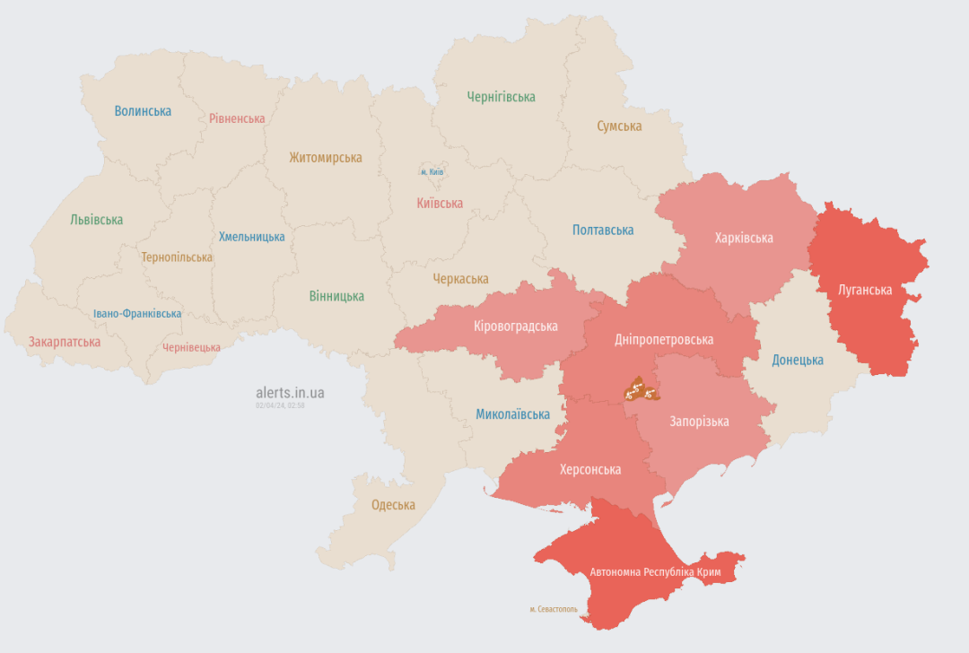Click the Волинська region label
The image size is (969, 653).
143,111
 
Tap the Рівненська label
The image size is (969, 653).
237,118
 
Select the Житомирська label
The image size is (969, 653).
326,158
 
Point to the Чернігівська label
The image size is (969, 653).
501,97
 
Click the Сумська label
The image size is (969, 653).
619,126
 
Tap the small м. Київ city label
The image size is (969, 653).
432,171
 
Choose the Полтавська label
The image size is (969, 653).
603,231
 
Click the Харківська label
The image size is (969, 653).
744,238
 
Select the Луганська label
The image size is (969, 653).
864,290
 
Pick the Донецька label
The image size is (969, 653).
798,360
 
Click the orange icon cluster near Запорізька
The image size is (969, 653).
641,389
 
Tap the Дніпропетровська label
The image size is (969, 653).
664,340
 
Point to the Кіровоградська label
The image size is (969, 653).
515,326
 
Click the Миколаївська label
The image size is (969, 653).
512,414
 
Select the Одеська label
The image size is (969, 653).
393,505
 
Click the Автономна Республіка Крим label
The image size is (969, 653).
655,571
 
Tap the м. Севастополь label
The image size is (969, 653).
553,609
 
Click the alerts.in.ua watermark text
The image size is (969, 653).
290,393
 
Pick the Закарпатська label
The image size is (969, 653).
65,342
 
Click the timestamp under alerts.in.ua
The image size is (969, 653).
280,406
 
